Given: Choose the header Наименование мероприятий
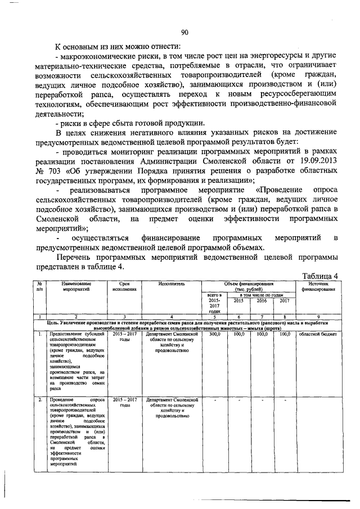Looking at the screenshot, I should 77,287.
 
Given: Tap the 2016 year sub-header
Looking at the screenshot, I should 262,300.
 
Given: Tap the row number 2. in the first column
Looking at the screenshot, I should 39,399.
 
